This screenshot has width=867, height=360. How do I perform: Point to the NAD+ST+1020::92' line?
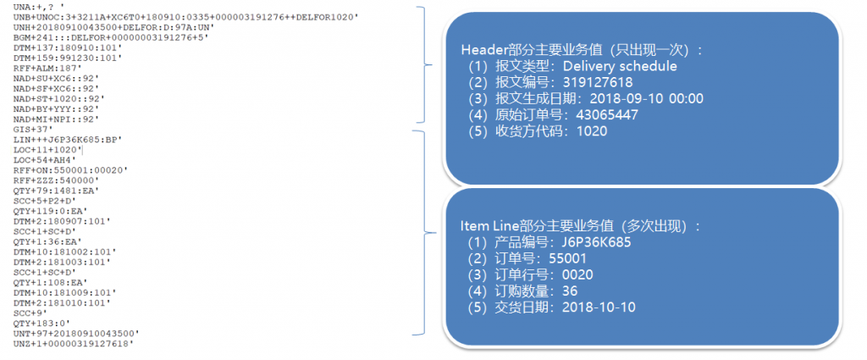(58, 99)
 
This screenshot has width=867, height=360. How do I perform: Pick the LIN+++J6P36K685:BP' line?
(68, 140)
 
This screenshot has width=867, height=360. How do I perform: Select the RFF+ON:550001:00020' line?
(70, 170)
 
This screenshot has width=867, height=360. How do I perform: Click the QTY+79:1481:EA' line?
(57, 191)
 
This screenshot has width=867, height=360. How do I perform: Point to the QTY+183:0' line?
(43, 323)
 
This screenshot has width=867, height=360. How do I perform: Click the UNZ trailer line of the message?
(75, 343)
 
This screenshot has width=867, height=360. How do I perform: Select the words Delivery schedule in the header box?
(620, 66)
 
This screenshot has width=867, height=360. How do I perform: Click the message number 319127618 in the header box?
(598, 83)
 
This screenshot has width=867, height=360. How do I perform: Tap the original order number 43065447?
(607, 115)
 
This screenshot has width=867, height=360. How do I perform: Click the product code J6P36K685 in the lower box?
(595, 242)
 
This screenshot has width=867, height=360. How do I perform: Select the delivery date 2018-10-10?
(599, 307)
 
